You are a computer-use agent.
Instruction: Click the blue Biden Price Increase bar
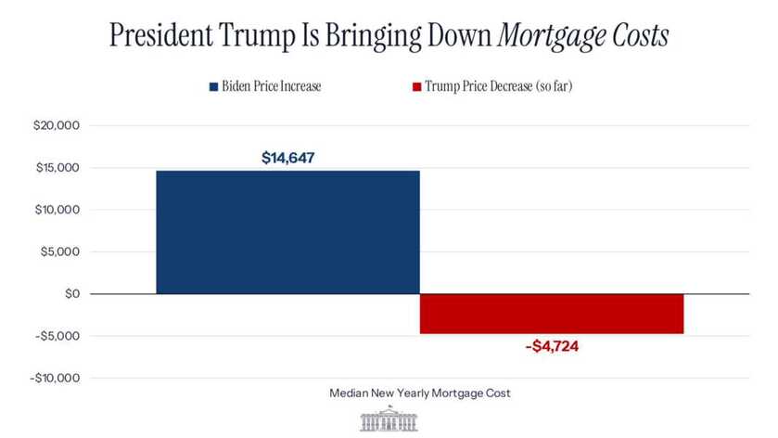tap(287, 232)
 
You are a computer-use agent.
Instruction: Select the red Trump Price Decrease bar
tap(552, 314)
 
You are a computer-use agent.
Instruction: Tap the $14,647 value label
tap(287, 158)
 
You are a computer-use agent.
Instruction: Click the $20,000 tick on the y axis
tap(57, 125)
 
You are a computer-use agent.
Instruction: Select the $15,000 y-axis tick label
tap(57, 168)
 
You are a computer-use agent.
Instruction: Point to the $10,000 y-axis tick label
tap(57, 210)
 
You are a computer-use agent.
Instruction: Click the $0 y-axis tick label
tap(71, 293)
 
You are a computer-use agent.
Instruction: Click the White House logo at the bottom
tap(389, 419)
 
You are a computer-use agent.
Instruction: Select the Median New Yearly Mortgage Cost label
tap(420, 393)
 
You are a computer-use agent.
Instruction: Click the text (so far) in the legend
tap(559, 87)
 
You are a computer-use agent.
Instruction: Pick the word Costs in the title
tap(640, 36)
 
